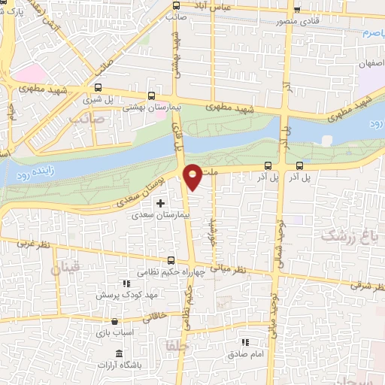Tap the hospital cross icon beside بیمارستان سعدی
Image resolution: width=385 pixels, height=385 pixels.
coord(159,203)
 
